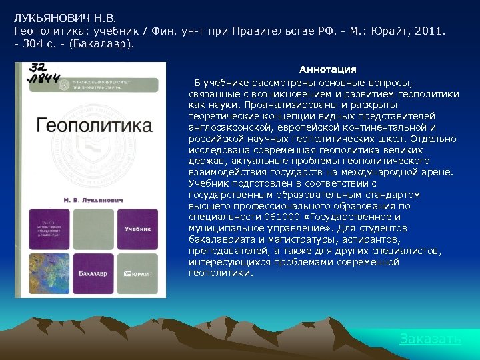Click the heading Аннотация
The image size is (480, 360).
328,69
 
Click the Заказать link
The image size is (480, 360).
430,339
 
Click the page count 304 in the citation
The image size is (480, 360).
35,43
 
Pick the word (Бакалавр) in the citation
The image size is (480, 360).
103,43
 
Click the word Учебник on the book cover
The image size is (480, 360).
137,229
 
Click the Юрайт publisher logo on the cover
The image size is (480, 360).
139,273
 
